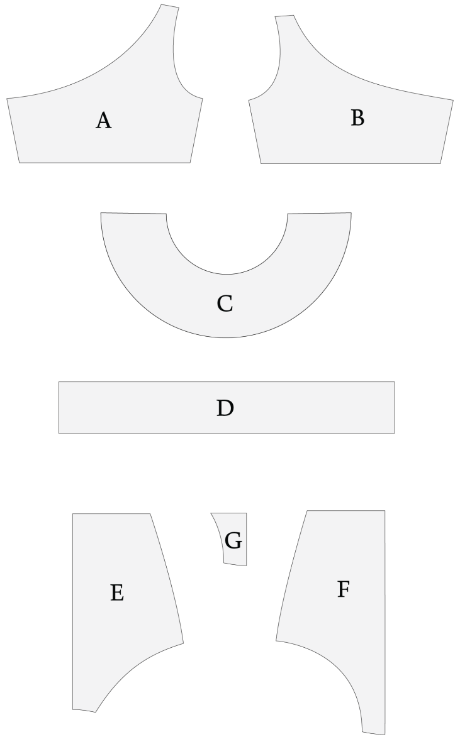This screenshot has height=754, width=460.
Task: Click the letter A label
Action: click(x=103, y=121)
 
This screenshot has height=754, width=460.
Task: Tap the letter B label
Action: click(x=357, y=118)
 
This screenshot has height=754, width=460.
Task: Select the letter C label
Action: click(x=225, y=303)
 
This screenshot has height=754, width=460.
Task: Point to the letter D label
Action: click(x=225, y=408)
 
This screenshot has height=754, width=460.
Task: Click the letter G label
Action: click(x=233, y=540)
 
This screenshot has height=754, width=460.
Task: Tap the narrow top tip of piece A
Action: click(x=170, y=6)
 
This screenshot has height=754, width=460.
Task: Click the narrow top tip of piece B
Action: click(x=284, y=16)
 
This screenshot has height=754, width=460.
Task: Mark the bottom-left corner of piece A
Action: click(x=20, y=163)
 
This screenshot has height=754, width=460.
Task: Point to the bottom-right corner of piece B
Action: click(x=440, y=163)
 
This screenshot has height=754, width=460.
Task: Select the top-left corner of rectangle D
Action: click(x=59, y=382)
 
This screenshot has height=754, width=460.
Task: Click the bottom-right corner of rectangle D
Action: click(x=395, y=433)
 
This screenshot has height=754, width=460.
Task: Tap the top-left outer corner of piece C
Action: click(x=101, y=212)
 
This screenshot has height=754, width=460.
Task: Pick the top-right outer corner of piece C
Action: click(x=352, y=212)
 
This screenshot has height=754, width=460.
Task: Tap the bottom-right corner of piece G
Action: click(x=246, y=566)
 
